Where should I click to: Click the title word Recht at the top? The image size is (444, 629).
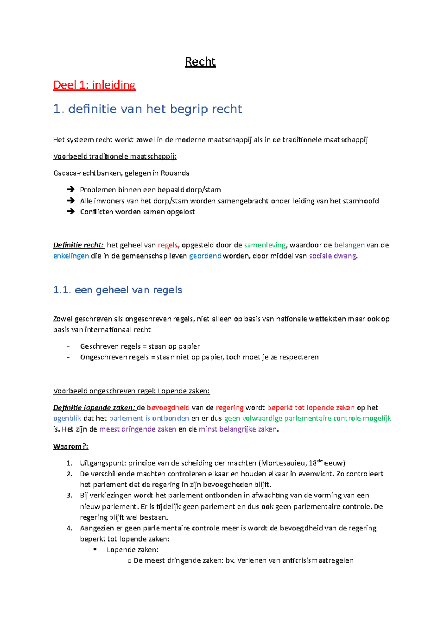click(200, 61)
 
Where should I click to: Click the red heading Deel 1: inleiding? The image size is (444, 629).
click(94, 85)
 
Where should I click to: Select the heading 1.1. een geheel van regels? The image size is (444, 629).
click(117, 290)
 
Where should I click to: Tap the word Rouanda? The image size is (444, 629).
click(175, 173)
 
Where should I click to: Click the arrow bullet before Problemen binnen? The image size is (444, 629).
click(71, 189)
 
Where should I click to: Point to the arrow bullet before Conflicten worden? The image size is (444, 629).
click(71, 212)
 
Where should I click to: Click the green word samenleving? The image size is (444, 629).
click(265, 245)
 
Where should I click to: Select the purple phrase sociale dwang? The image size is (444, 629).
click(333, 256)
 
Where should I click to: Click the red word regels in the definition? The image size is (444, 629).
click(168, 245)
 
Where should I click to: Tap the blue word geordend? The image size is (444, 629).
click(205, 256)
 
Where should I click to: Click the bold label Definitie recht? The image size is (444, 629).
click(78, 245)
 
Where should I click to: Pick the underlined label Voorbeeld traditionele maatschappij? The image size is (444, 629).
click(115, 156)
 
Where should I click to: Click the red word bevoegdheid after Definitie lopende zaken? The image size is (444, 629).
click(168, 407)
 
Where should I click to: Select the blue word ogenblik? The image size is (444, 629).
click(67, 418)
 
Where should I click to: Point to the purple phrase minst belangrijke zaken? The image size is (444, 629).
click(238, 429)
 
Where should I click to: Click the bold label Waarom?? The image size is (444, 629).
click(71, 446)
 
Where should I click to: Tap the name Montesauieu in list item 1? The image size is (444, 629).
click(283, 463)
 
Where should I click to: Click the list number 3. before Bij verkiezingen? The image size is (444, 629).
click(69, 495)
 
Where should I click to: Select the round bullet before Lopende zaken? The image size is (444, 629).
click(95, 549)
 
